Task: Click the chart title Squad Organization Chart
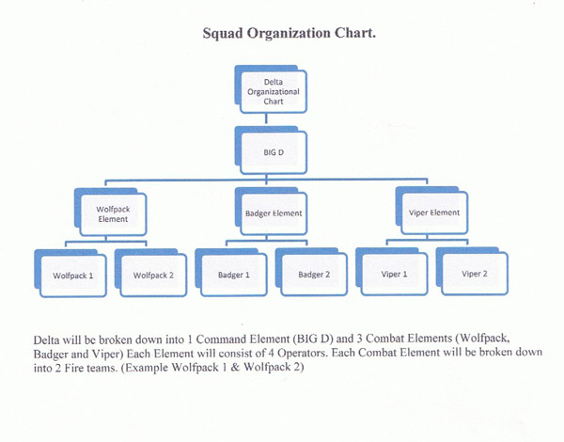click(290, 34)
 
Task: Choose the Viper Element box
click(434, 213)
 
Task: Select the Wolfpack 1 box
click(71, 276)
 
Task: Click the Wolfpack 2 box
click(150, 276)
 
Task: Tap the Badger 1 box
click(232, 275)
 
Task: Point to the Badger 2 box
click(312, 275)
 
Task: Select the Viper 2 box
click(474, 275)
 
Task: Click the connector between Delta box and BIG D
click(268, 120)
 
